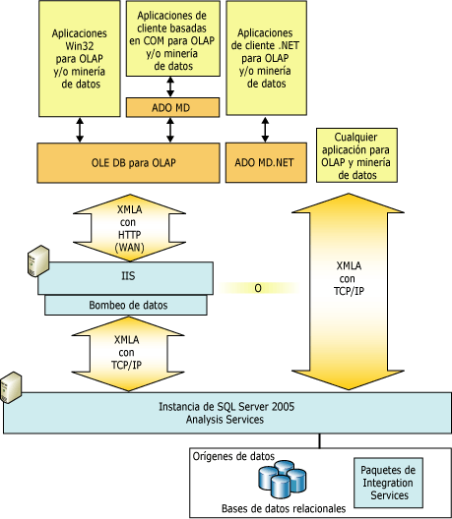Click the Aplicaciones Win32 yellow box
79,59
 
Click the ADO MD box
172,106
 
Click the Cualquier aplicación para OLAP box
357,155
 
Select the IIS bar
129,276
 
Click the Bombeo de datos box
129,305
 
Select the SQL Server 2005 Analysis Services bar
226,412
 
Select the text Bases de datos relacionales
284,508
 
